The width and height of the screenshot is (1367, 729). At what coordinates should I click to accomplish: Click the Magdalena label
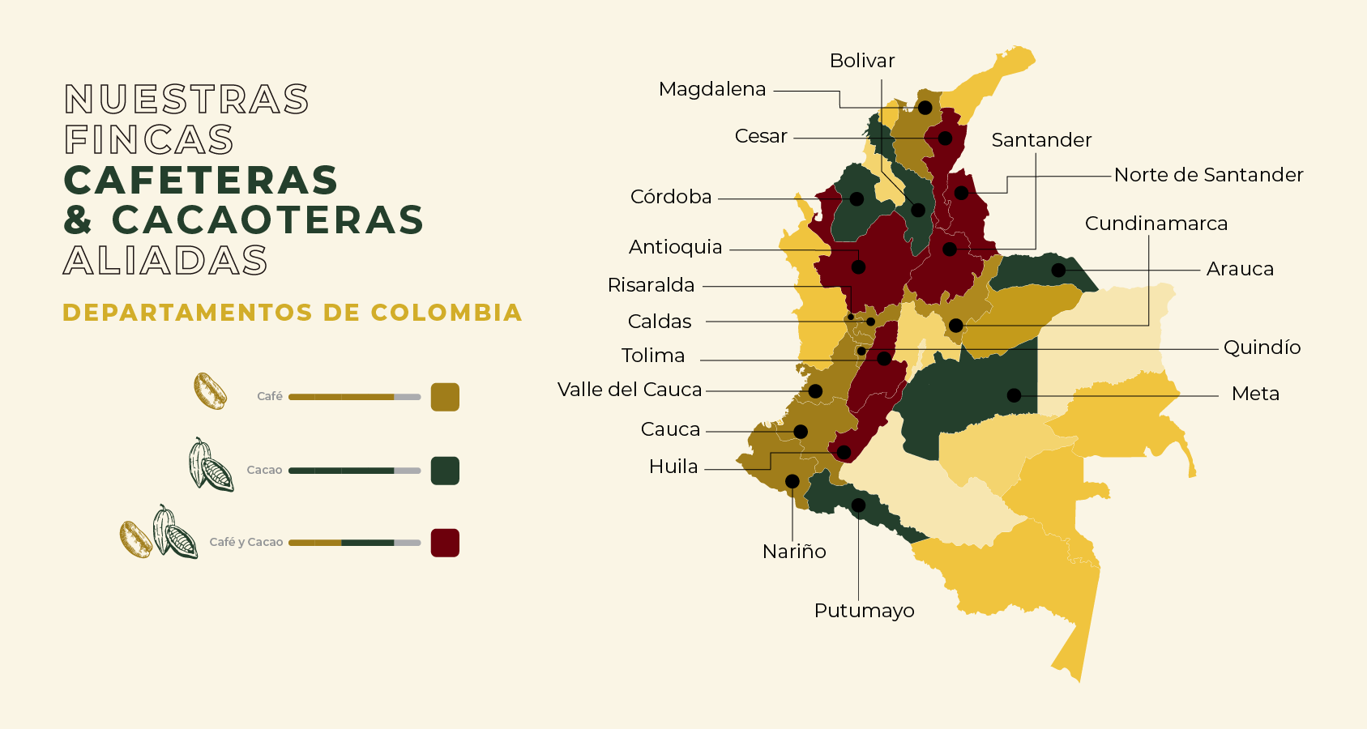(711, 89)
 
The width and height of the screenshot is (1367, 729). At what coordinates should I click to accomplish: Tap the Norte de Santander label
(1208, 175)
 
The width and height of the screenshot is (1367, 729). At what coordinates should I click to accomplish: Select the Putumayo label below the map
(864, 611)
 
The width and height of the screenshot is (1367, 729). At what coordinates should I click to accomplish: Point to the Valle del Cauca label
(630, 390)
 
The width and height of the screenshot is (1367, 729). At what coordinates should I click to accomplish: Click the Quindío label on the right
(1262, 347)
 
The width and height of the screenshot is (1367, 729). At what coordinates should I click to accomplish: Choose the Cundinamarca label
(1156, 224)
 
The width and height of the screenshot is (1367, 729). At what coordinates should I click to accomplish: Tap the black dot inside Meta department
(1014, 395)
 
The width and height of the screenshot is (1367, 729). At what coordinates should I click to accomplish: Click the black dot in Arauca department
(1058, 270)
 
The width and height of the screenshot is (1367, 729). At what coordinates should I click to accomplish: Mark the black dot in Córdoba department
(857, 198)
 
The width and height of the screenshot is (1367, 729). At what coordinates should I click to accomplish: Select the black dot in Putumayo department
(859, 505)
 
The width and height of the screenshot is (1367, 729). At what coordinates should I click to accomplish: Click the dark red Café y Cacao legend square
(445, 543)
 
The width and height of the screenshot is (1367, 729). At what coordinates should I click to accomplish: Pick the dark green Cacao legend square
(445, 471)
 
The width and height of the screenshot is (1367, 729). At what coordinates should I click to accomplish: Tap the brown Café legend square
(445, 397)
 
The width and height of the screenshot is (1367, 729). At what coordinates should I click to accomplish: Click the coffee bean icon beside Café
(210, 391)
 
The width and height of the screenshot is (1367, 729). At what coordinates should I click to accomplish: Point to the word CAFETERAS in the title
(201, 180)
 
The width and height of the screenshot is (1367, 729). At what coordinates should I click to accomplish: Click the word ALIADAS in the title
(165, 261)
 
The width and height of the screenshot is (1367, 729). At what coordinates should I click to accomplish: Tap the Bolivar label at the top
(861, 61)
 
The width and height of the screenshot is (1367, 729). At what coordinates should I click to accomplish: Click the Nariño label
(794, 552)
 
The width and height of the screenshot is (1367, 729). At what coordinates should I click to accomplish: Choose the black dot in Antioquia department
(858, 266)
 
